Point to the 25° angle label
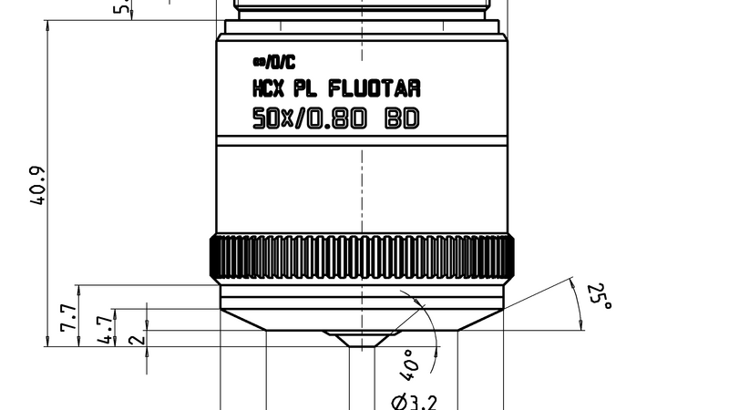(597, 297)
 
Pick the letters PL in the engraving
(307, 89)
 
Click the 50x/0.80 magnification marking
(311, 118)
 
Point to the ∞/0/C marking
(273, 63)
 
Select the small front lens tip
(362, 340)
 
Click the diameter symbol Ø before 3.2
(398, 401)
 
